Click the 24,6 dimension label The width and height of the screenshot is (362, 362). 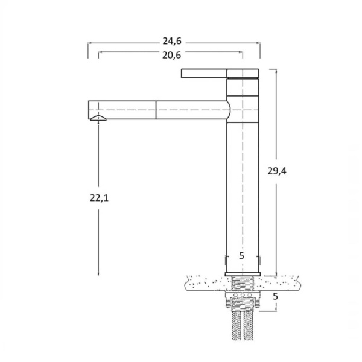[x=172, y=41]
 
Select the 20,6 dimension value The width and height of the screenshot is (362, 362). [x=171, y=56]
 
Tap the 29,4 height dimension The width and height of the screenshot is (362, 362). [x=277, y=171]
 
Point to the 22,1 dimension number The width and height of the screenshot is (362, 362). [x=99, y=198]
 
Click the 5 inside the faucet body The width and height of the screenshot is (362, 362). [x=241, y=256]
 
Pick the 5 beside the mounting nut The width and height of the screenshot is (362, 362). [x=275, y=296]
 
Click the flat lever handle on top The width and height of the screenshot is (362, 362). [x=220, y=74]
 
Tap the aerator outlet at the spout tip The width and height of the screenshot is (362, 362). [x=98, y=118]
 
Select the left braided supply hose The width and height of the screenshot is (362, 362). [x=237, y=325]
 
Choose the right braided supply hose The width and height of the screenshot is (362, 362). [x=249, y=325]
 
